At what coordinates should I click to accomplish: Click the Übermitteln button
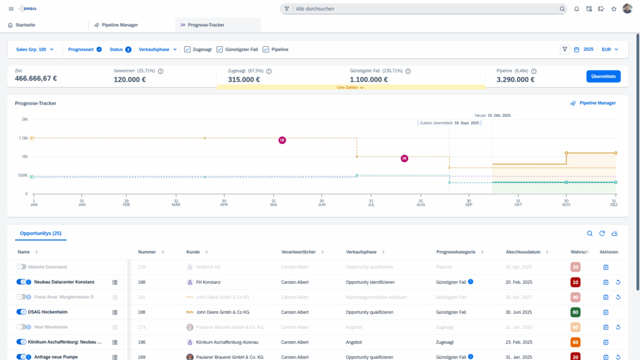[x=603, y=76]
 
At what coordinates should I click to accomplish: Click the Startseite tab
[x=22, y=25]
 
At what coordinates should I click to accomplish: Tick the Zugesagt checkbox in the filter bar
[x=187, y=49]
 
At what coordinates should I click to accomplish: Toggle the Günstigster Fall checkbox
[x=219, y=49]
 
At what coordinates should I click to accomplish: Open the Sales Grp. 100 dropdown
[x=34, y=49]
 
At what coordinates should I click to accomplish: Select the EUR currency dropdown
[x=609, y=49]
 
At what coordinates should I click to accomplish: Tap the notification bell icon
[x=576, y=9]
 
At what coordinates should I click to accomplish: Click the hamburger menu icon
[x=11, y=9]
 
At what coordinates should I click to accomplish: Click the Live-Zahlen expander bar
[x=350, y=87]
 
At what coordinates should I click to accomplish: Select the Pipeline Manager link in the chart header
[x=593, y=103]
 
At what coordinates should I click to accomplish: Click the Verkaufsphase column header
[x=361, y=252]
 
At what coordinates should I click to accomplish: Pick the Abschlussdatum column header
[x=522, y=252]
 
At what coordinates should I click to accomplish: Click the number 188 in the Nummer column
[x=142, y=282]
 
